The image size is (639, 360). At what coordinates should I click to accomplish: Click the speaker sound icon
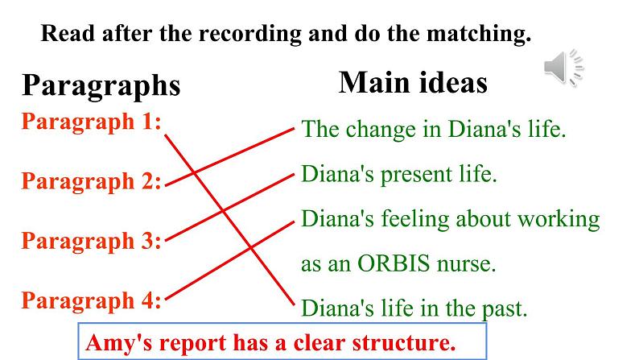click(564, 67)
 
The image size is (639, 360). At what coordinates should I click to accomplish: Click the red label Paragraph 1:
click(91, 122)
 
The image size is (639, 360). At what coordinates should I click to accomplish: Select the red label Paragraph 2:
click(91, 181)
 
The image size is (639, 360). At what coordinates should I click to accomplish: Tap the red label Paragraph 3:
click(91, 241)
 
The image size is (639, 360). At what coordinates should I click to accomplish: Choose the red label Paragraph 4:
click(91, 301)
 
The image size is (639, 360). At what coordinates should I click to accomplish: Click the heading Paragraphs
click(101, 85)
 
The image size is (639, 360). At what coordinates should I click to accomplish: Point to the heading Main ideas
click(413, 82)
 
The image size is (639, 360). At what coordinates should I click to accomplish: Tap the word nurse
click(469, 263)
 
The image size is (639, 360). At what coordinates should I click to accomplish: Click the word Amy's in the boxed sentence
click(113, 342)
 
